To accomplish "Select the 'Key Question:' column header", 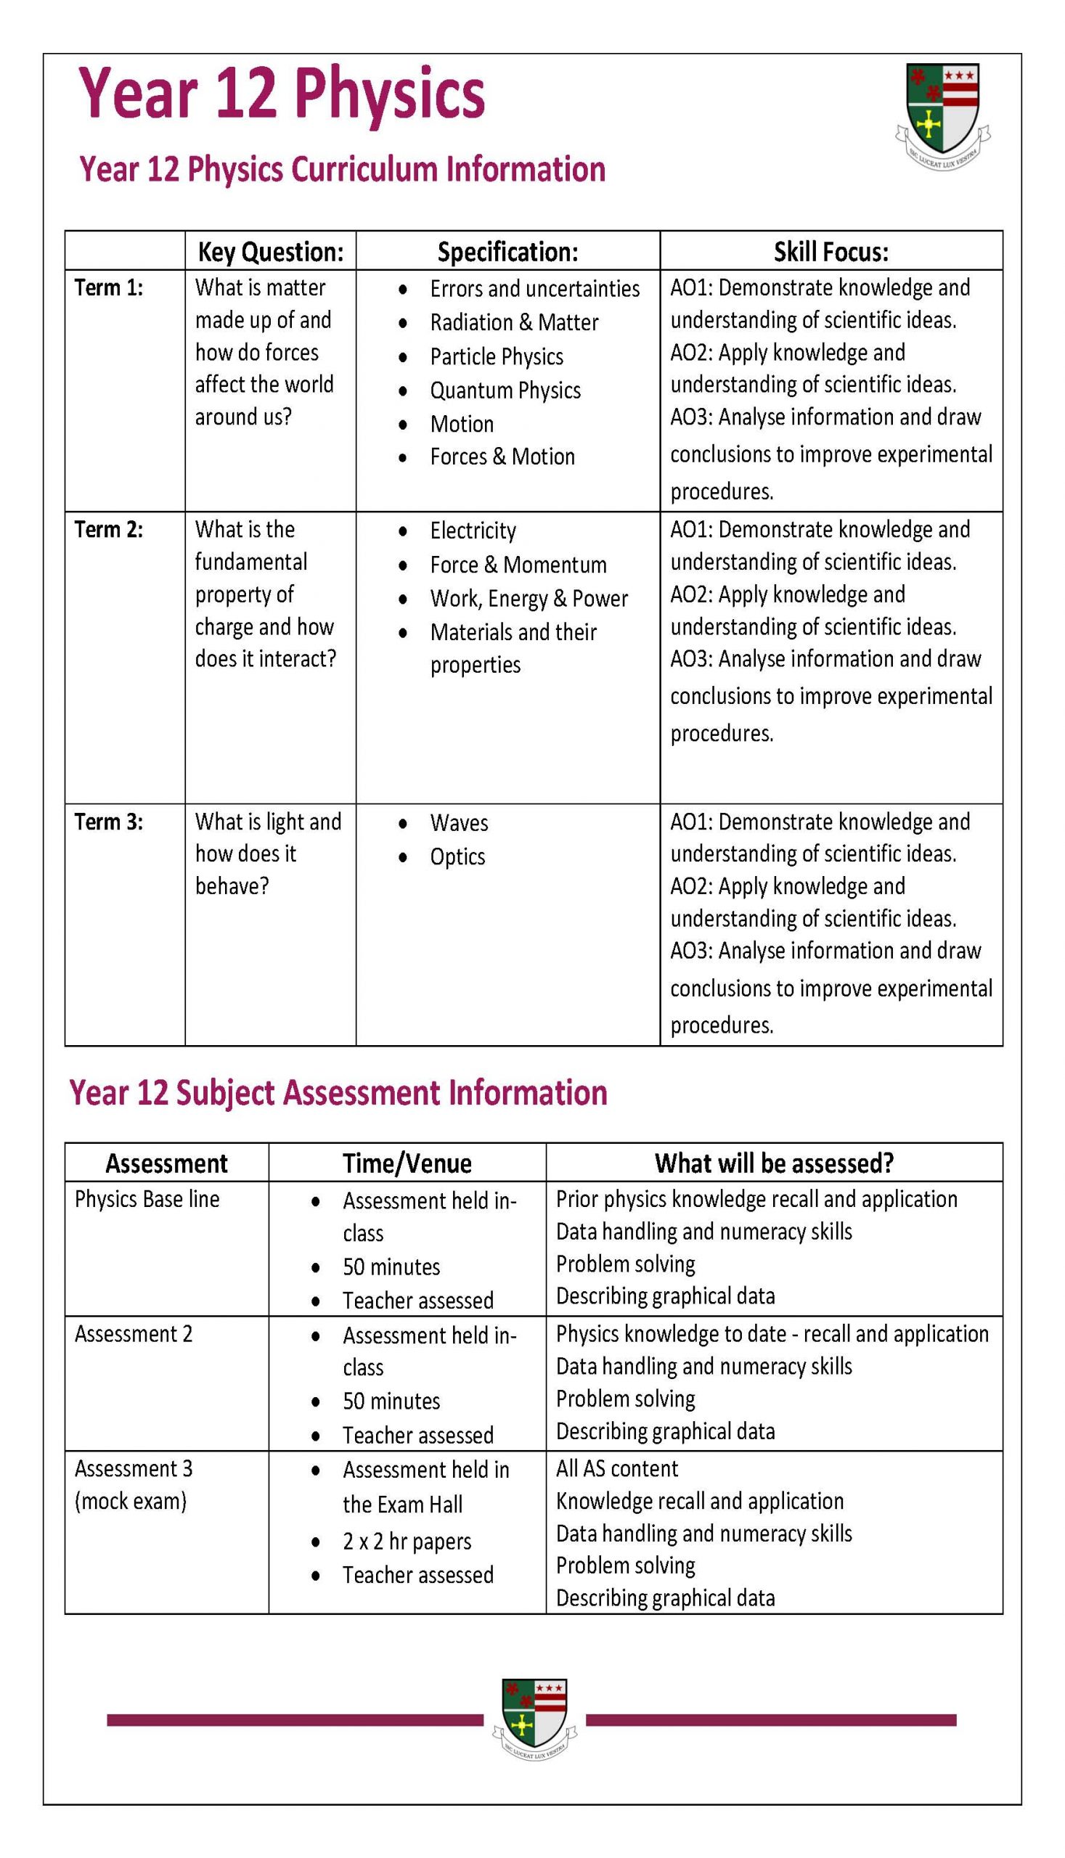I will click(x=271, y=252).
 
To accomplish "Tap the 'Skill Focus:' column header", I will click(x=831, y=252).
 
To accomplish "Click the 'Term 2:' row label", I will click(x=109, y=529).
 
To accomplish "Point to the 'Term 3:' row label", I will click(x=109, y=822).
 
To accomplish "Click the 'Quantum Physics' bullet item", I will click(x=505, y=390).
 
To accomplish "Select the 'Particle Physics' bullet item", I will click(x=496, y=357).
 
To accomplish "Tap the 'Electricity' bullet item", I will click(x=473, y=530).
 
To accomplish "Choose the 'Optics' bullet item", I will click(x=457, y=856).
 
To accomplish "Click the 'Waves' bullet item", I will click(x=459, y=822).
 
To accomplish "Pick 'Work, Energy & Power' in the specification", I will click(x=528, y=598).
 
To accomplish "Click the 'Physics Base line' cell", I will click(x=147, y=1199).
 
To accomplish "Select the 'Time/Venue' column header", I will click(x=407, y=1163).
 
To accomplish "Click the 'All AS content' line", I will click(x=616, y=1469).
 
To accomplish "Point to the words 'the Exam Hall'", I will click(x=402, y=1505).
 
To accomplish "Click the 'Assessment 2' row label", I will click(x=133, y=1334).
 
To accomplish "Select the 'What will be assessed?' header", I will click(x=774, y=1163).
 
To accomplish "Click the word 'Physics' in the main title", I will click(x=390, y=94).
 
